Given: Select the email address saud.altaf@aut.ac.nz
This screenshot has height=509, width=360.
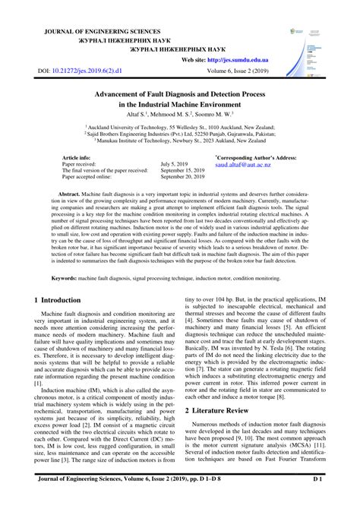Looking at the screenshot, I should [244, 164].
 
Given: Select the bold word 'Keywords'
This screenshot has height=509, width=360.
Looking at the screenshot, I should [58, 258].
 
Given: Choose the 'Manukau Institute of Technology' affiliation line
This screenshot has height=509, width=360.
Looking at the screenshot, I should [181, 141].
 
